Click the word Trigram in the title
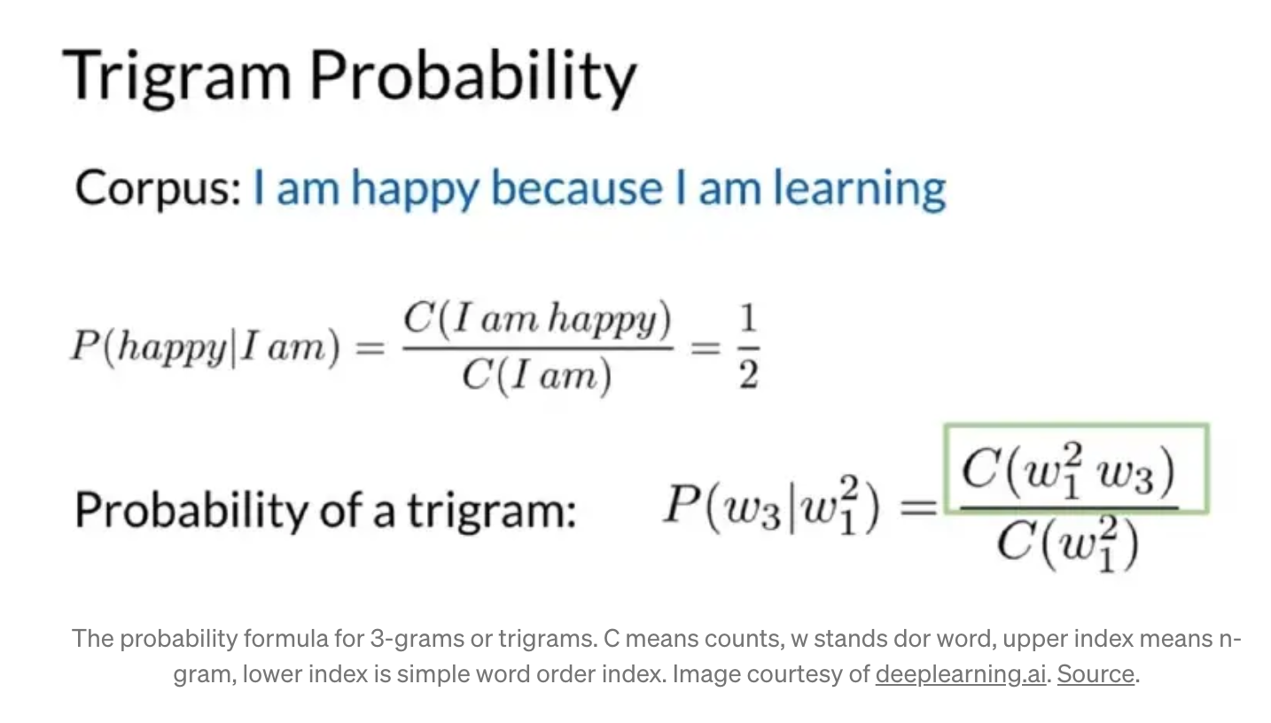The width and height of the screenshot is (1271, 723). click(176, 76)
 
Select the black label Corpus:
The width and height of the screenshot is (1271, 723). click(159, 188)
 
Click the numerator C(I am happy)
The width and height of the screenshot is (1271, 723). click(537, 319)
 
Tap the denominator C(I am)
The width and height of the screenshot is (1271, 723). click(537, 376)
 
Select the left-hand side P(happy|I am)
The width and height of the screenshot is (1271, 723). click(206, 347)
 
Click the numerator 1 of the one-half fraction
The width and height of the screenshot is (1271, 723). click(748, 318)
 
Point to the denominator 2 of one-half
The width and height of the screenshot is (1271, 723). click(748, 375)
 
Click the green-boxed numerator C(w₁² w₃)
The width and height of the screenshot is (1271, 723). click(1068, 471)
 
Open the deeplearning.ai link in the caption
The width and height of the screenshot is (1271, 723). click(960, 673)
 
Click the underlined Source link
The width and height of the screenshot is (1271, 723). click(1096, 673)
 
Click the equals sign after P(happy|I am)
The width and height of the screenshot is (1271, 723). click(370, 347)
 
